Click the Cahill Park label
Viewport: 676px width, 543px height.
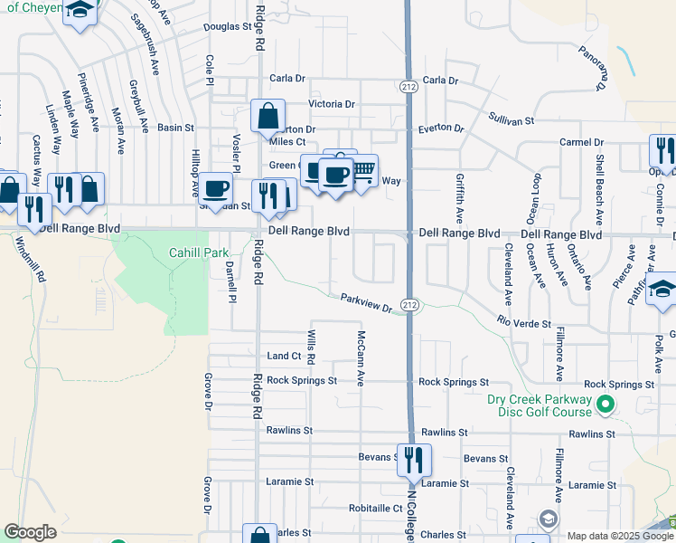(199, 252)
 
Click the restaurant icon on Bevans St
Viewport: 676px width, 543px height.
(414, 460)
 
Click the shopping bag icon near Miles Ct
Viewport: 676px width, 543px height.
(268, 116)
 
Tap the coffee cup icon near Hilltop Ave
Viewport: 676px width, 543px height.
(215, 188)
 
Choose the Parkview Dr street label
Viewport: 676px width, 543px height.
(367, 303)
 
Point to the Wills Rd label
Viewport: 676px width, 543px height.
(310, 347)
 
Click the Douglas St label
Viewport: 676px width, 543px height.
(227, 26)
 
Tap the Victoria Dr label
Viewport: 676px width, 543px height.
(332, 104)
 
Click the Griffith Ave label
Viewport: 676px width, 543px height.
(460, 199)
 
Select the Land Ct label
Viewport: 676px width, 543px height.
(284, 357)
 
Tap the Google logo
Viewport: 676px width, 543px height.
(31, 532)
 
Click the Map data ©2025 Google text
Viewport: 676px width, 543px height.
(620, 536)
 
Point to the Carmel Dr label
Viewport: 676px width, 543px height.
(581, 143)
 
